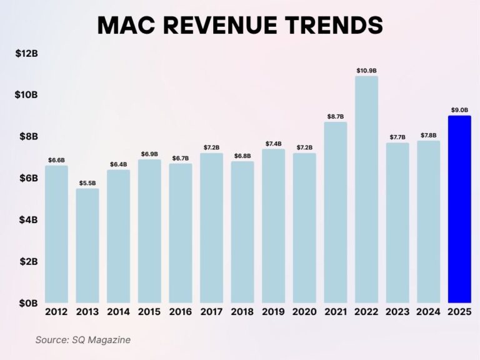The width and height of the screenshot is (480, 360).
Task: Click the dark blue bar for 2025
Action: click(459, 209)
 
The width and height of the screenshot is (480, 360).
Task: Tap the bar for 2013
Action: click(87, 246)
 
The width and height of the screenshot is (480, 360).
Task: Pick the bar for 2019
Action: click(273, 226)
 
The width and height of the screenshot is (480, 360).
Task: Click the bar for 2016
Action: click(181, 233)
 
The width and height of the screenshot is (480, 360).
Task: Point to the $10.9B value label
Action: click(366, 71)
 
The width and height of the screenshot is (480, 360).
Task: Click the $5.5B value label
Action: click(87, 183)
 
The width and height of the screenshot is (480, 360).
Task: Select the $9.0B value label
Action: click(459, 110)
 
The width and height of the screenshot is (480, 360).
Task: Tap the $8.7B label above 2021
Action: click(336, 116)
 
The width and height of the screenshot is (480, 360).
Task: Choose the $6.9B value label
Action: click(149, 154)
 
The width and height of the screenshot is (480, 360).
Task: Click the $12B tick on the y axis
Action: click(26, 54)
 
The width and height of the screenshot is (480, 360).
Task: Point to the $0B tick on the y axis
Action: click(28, 303)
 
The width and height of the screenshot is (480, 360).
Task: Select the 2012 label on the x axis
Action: click(56, 312)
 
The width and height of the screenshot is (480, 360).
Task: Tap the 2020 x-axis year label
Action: click(304, 312)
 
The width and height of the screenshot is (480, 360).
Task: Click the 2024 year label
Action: click(428, 312)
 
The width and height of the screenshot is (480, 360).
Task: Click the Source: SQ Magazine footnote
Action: click(82, 340)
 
